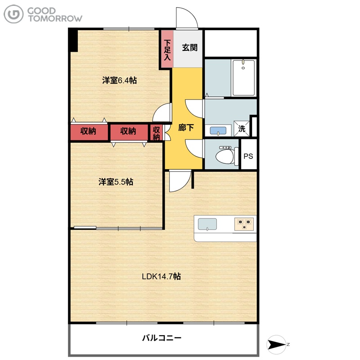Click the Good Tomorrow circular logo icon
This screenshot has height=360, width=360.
click(13, 14)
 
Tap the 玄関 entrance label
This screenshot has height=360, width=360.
click(189, 48)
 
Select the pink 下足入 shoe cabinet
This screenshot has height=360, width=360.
click(167, 49)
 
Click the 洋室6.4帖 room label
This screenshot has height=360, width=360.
click(119, 81)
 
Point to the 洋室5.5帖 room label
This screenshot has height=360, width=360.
click(116, 182)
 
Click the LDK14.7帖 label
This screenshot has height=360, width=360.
click(161, 276)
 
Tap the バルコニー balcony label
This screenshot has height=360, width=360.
click(162, 338)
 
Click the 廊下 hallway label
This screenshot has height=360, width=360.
click(186, 127)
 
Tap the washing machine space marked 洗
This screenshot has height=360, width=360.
click(241, 129)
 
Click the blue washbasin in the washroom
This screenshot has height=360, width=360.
click(218, 131)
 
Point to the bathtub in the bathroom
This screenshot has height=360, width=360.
click(243, 78)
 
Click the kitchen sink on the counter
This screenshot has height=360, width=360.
click(207, 224)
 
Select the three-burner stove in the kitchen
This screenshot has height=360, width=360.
click(244, 224)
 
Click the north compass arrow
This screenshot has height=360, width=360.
click(277, 345)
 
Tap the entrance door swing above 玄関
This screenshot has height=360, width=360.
click(187, 18)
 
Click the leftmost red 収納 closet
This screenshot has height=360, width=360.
click(89, 132)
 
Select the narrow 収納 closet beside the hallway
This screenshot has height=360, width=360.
click(157, 132)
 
